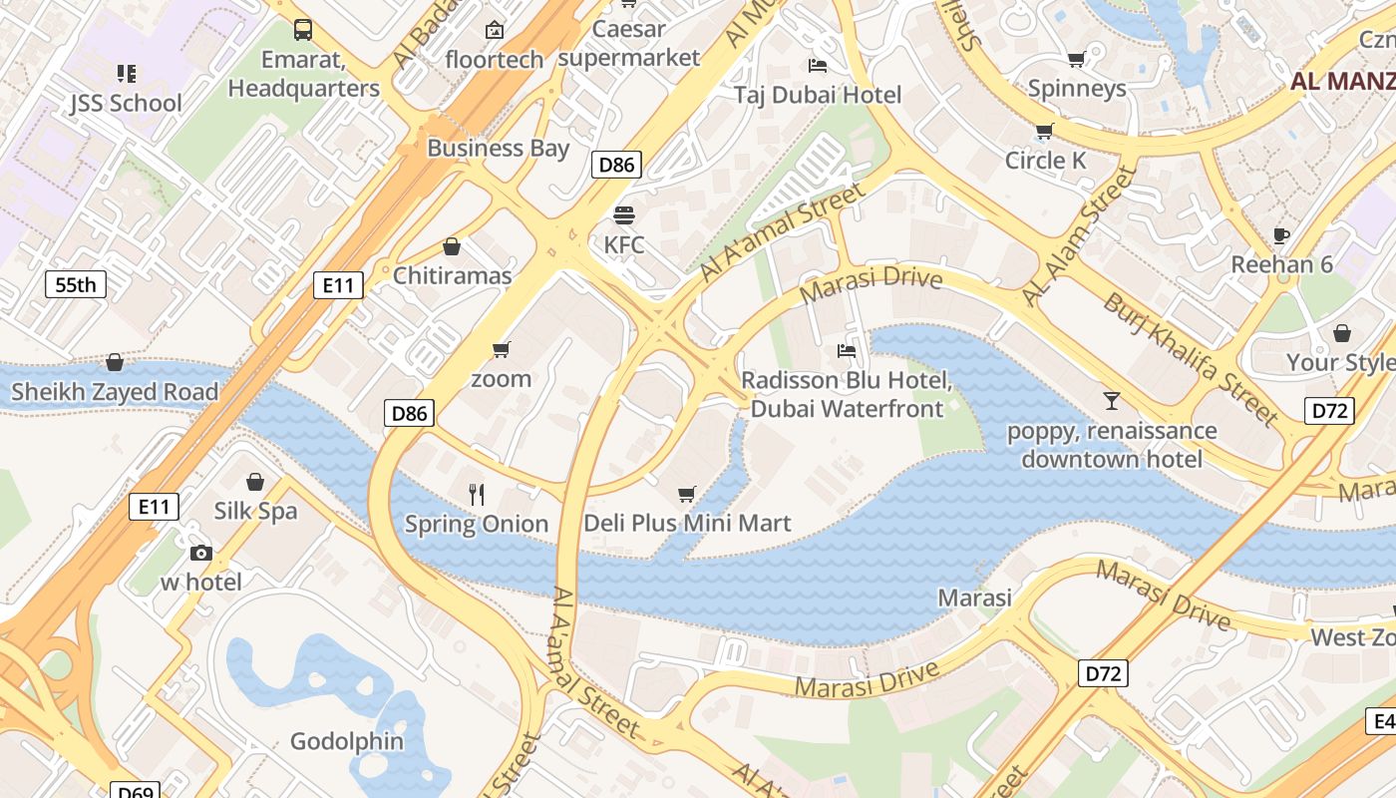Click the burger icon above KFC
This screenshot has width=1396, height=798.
[624, 214]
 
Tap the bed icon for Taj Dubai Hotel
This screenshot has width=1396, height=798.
[818, 66]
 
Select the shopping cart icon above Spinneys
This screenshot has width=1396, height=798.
[1076, 60]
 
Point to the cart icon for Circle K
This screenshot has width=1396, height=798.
[1044, 132]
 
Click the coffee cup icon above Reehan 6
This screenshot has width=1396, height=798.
[1281, 235]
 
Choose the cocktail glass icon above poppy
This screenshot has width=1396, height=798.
[1112, 401]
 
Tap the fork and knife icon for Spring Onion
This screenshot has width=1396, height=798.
[477, 494]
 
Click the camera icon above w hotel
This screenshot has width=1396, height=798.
[200, 553]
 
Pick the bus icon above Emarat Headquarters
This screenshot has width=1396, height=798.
[303, 30]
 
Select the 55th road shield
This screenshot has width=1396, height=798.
[76, 285]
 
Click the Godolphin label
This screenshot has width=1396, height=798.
[347, 741]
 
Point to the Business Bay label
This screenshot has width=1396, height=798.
[498, 149]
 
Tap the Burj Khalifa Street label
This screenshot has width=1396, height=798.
[1190, 357]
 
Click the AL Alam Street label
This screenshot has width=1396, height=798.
[1079, 237]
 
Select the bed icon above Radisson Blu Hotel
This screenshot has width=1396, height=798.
[847, 351]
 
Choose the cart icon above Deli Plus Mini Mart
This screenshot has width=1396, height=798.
[686, 495]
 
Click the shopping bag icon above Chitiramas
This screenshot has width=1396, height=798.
[452, 246]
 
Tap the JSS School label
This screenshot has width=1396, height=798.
[126, 103]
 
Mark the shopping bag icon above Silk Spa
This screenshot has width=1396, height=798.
[255, 482]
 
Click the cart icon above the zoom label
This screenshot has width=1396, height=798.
[502, 349]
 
